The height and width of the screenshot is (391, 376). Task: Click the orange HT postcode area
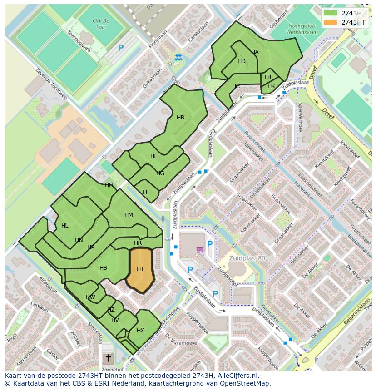(140, 270)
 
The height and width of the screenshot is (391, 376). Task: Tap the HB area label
(180, 118)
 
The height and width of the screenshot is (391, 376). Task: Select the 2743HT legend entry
(353, 22)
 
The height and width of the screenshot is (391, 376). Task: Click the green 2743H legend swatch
(331, 13)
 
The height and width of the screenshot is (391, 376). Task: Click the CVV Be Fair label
(101, 24)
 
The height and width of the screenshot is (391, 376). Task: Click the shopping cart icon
(199, 249)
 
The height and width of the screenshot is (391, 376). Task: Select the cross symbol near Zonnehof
(108, 358)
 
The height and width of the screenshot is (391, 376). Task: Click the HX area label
(140, 331)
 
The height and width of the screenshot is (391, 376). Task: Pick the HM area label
(129, 215)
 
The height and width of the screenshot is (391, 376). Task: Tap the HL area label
(64, 226)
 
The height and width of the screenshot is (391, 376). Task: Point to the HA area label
(255, 52)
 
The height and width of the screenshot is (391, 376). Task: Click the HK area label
(271, 86)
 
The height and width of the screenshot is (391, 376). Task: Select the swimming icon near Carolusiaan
(178, 57)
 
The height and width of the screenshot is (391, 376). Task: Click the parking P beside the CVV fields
(121, 48)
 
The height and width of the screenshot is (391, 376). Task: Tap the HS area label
(103, 268)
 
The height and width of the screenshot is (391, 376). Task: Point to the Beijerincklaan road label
(357, 312)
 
